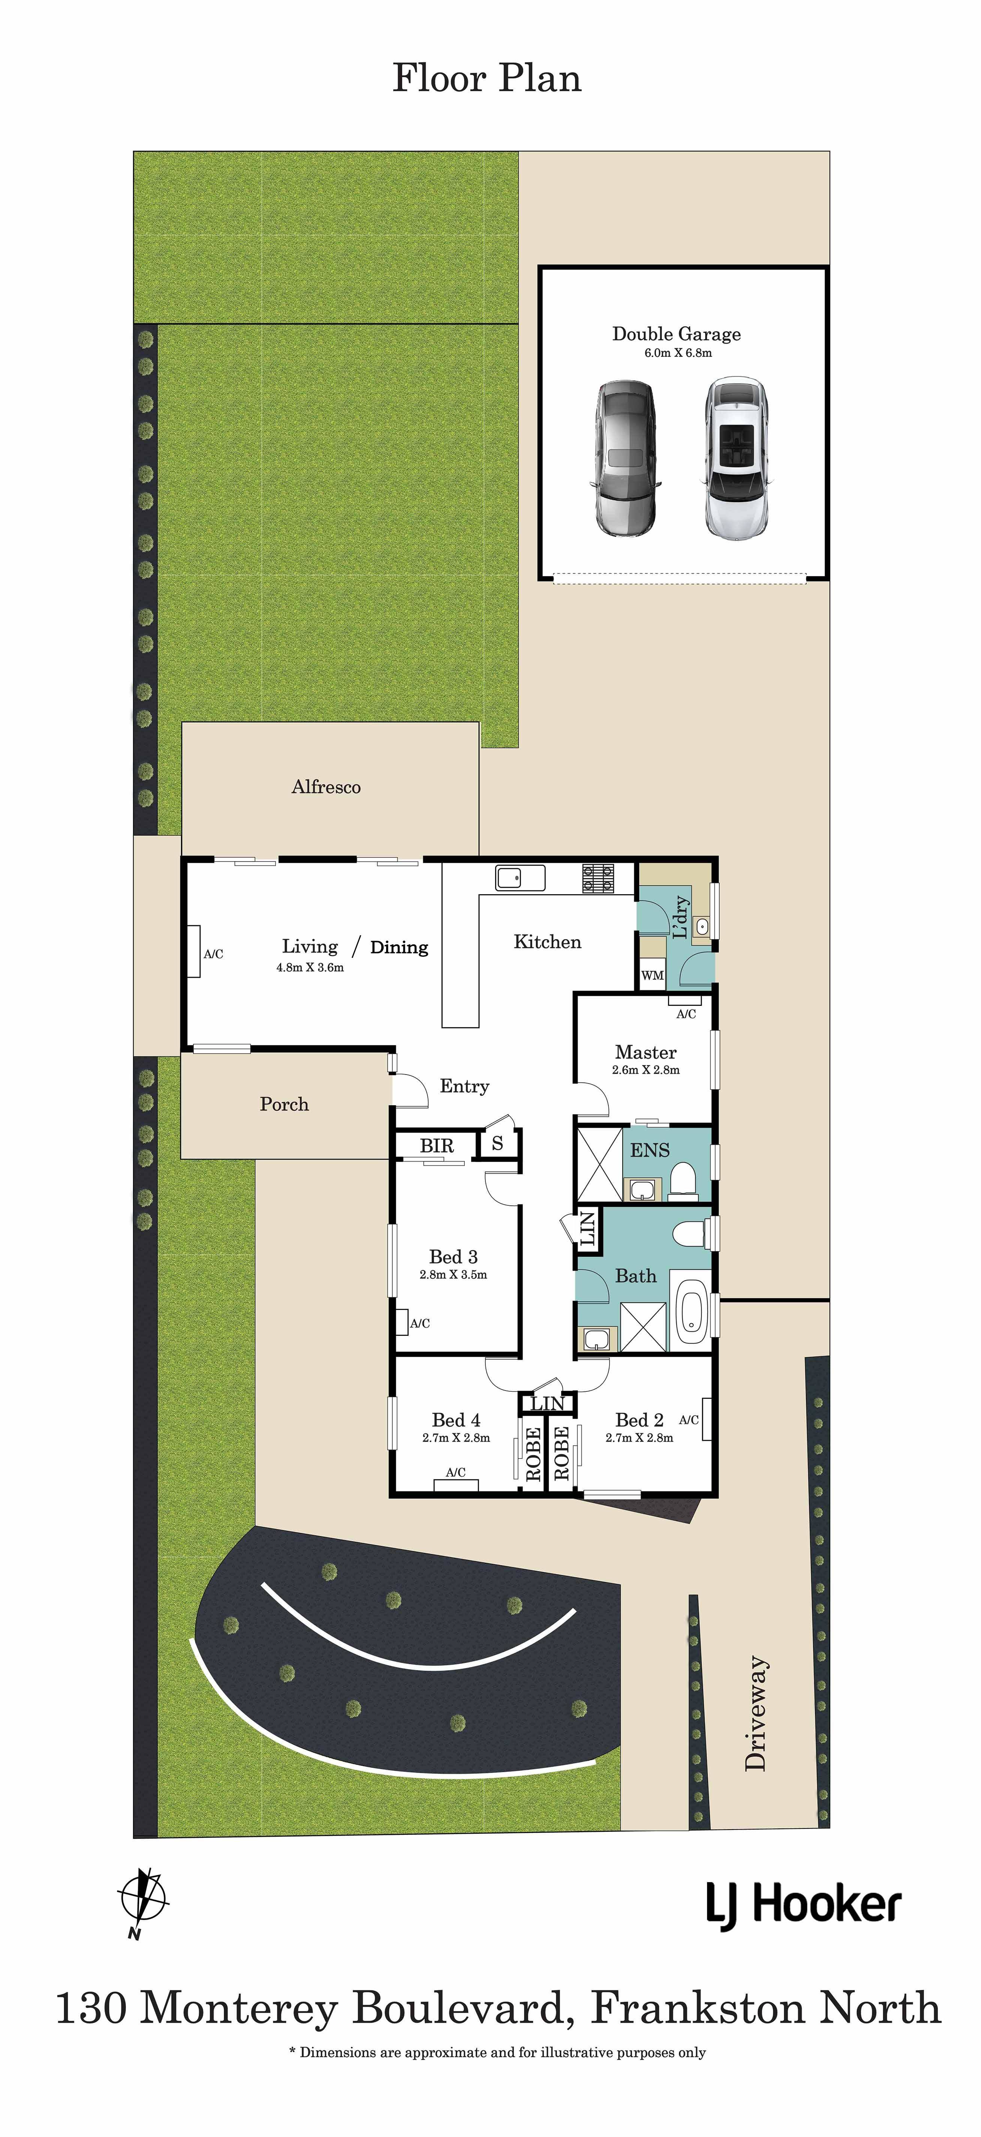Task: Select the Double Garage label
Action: pos(677,334)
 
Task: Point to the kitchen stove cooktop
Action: pos(599,878)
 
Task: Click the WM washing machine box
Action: pos(653,975)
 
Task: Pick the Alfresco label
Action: pos(326,787)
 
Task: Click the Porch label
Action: pos(285,1104)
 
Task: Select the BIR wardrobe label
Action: pos(436,1146)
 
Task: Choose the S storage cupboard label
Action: pos(497,1143)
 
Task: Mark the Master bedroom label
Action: pos(646,1052)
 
